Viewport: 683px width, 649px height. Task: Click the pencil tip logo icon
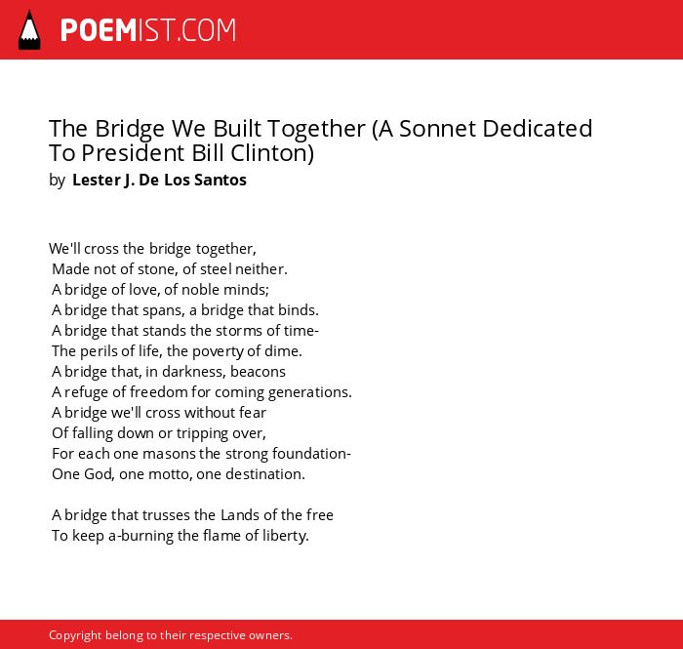(x=29, y=30)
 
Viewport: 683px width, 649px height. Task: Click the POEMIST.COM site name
(x=148, y=30)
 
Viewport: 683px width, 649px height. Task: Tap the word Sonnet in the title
(x=437, y=129)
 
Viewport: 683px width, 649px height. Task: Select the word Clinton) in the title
(x=272, y=153)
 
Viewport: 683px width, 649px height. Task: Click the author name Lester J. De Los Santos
(x=159, y=180)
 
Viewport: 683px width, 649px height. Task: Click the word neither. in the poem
(x=261, y=269)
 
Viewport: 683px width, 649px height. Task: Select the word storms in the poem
(x=239, y=331)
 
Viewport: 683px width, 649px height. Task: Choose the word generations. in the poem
(x=309, y=392)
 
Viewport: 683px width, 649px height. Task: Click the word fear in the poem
(x=253, y=413)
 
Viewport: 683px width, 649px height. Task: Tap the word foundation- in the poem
(x=311, y=454)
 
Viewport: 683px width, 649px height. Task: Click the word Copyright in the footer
(x=75, y=635)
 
